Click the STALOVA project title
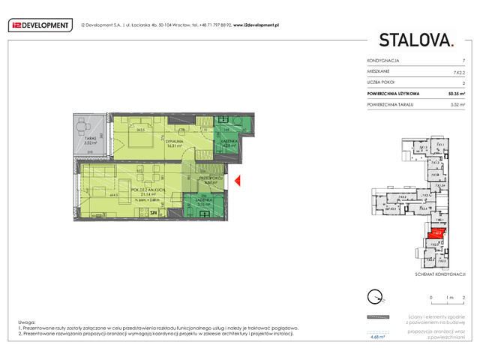coord(416,40)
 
